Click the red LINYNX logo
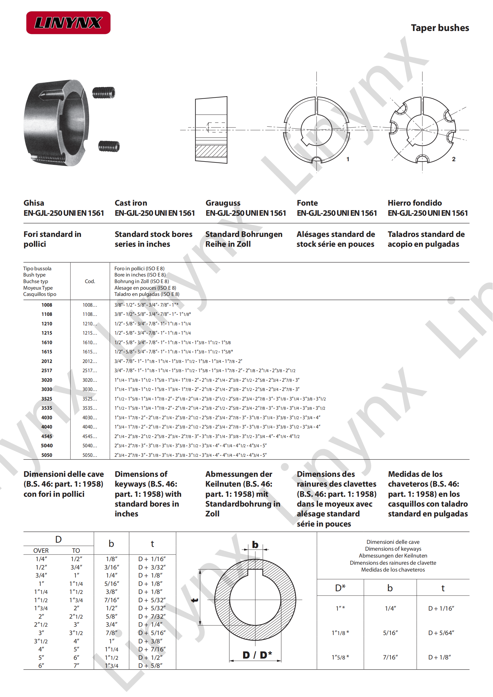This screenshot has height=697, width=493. click(x=68, y=23)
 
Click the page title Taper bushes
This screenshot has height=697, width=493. click(x=440, y=28)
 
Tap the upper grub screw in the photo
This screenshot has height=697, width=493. click(x=103, y=93)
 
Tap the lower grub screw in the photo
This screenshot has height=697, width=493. click(x=109, y=146)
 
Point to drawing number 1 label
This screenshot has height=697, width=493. click(x=348, y=159)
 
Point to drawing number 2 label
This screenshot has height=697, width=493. click(x=454, y=159)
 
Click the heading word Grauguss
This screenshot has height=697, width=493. click(x=223, y=203)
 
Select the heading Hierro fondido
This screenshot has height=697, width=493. click(x=415, y=203)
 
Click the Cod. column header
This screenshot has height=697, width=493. click(x=90, y=281)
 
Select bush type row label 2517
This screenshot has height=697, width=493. click(x=47, y=370)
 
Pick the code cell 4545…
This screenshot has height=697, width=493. click(x=90, y=436)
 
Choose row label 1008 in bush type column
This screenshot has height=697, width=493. click(x=47, y=305)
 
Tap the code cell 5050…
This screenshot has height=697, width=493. click(x=90, y=455)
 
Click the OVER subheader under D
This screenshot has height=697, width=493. click(x=41, y=551)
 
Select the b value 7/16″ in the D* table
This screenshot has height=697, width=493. click(x=390, y=657)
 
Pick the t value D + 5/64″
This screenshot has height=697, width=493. click(x=441, y=633)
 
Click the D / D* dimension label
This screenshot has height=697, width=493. click(x=257, y=655)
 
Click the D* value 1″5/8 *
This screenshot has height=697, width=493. click(x=340, y=657)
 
